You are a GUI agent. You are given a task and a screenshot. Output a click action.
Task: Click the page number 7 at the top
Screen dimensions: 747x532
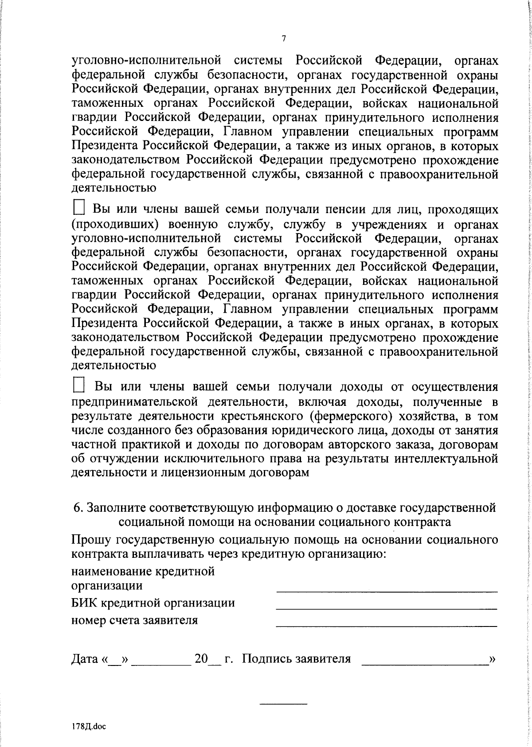[x=284, y=39]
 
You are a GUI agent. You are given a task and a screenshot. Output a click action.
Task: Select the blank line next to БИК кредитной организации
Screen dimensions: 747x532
[x=386, y=608]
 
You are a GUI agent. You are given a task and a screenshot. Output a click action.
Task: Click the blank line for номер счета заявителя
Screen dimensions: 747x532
[x=386, y=625]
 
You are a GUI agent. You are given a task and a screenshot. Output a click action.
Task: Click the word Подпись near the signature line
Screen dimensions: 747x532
[x=265, y=659]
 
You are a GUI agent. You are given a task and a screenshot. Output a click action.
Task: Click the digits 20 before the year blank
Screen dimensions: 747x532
[x=201, y=659]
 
